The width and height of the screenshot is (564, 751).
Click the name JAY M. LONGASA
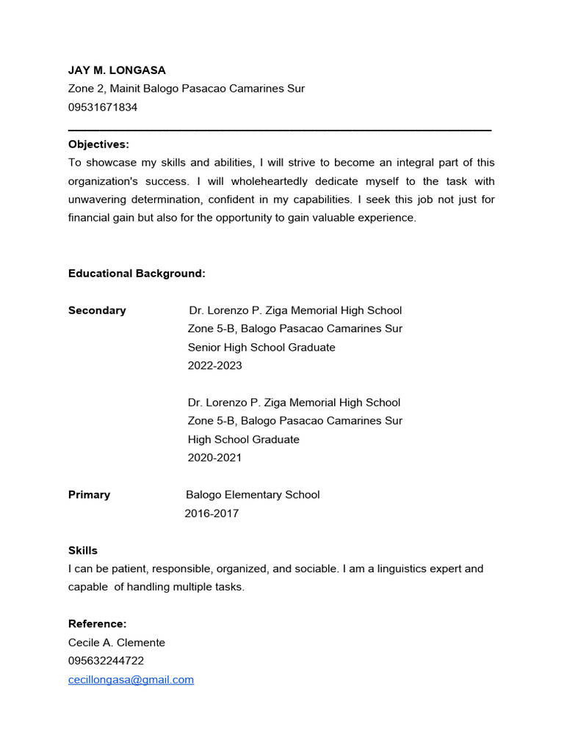click(117, 70)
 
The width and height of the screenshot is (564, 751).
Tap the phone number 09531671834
click(103, 107)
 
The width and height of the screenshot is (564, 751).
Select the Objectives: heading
click(98, 144)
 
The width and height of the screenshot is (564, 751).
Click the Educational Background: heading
click(137, 274)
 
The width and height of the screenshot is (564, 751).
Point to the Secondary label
click(97, 310)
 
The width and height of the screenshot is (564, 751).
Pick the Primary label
click(89, 495)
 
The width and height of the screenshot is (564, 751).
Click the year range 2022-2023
click(214, 365)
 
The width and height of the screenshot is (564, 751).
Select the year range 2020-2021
click(214, 458)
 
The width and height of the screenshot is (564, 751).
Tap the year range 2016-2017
click(211, 513)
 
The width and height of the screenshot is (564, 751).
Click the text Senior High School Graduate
click(261, 347)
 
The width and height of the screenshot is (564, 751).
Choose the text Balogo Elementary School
click(253, 495)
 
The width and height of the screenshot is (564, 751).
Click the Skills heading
click(83, 550)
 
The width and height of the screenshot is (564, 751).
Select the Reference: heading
click(97, 624)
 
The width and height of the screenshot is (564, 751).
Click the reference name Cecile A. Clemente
click(117, 642)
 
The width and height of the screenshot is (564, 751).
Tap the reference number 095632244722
click(106, 661)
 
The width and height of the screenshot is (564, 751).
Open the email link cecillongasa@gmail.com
click(131, 680)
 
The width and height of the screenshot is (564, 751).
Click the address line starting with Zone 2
click(187, 89)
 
